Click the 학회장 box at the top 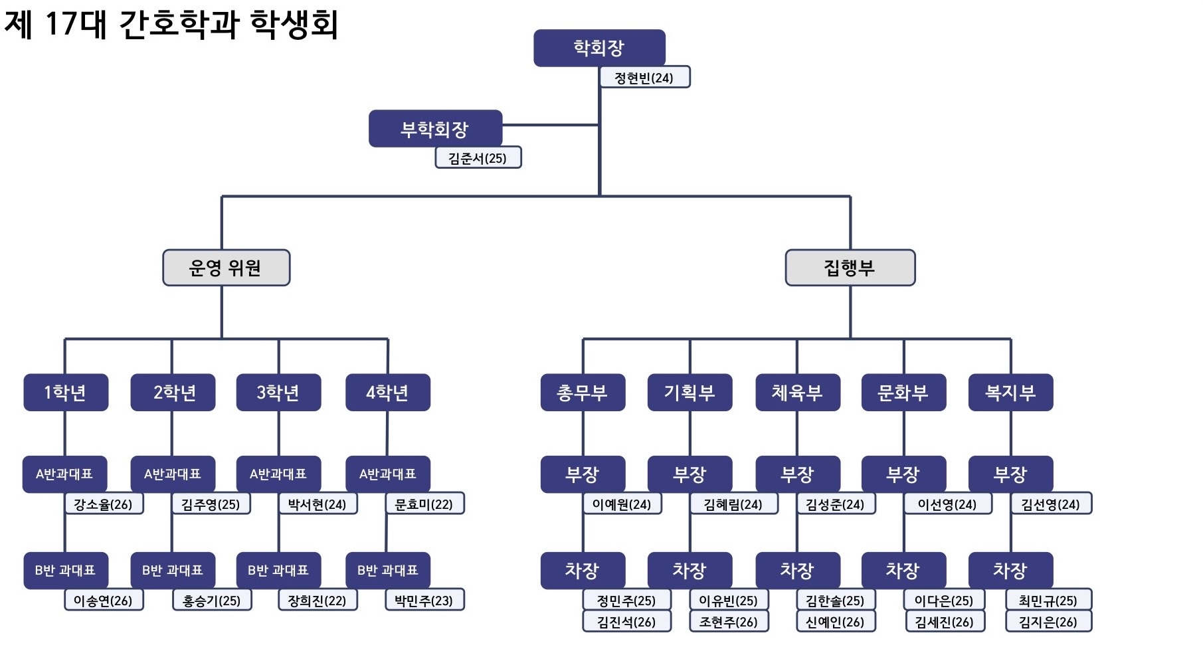coord(599,48)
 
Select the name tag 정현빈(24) coord(644,77)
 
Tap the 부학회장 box coord(435,128)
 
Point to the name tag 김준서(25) coord(478,157)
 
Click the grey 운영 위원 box coord(226,268)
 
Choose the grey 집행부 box coord(850,268)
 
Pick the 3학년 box coord(278,393)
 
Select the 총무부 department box coord(583,393)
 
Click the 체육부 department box coord(797,393)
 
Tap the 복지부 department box coord(1010,393)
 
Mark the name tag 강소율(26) coord(104,504)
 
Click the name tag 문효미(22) coord(424,504)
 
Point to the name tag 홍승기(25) coord(212,600)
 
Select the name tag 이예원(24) coord(622,504)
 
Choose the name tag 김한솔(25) coord(836,600)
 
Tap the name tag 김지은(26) coord(1048,621)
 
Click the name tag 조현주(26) coord(729,621)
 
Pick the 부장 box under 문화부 coord(903,474)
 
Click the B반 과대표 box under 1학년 coord(66,570)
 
